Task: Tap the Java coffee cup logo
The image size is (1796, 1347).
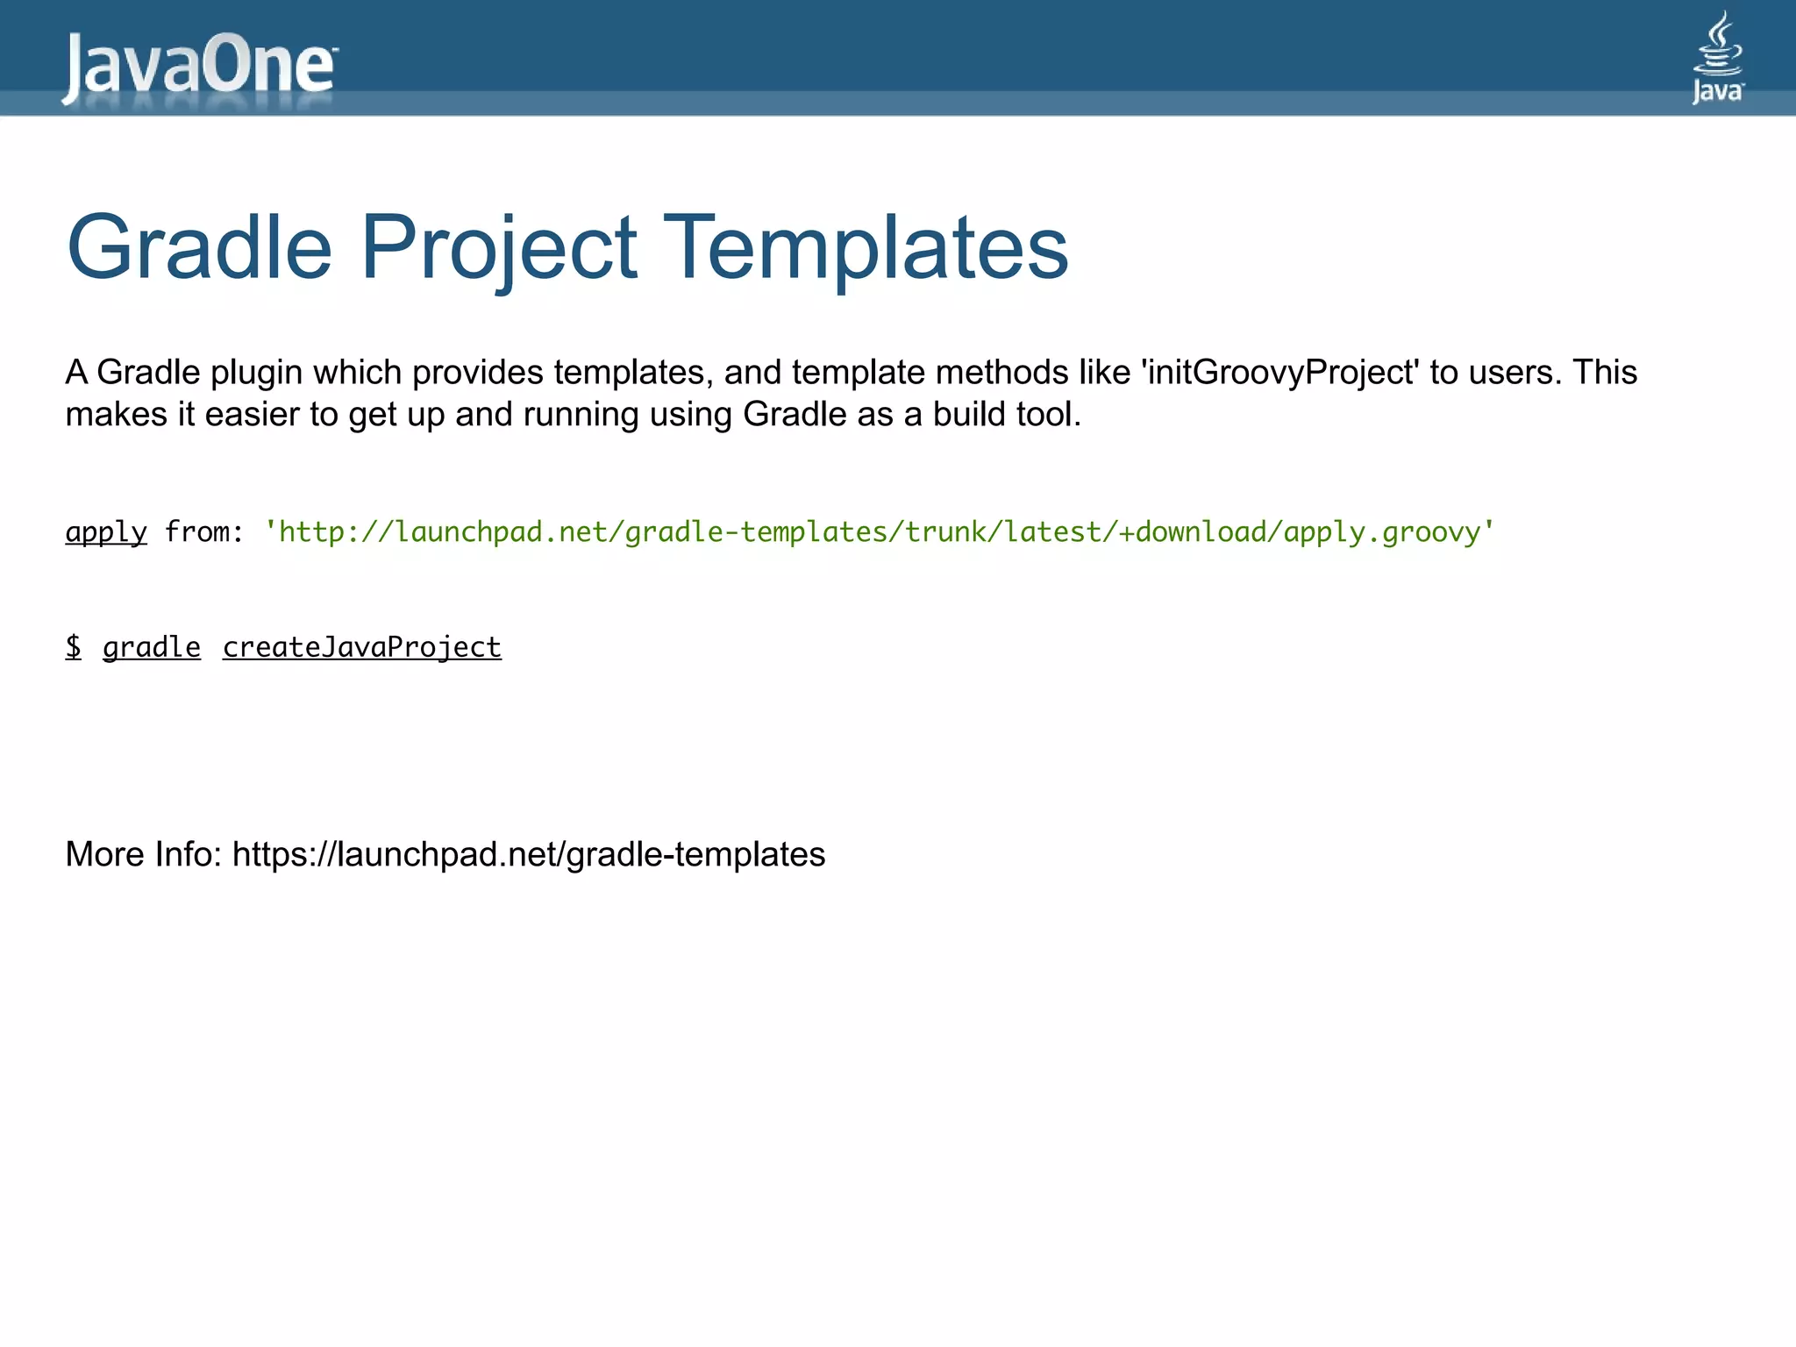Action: [x=1717, y=58]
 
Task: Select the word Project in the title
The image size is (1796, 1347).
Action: [x=498, y=249]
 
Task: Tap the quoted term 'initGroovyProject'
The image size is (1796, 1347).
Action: [x=1279, y=374]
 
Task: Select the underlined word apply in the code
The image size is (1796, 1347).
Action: [x=106, y=532]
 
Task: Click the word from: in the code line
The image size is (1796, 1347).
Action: [x=203, y=532]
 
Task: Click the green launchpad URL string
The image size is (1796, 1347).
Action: [x=880, y=532]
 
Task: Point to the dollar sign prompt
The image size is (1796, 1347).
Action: [x=74, y=647]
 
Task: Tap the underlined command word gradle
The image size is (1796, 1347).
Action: [x=152, y=648]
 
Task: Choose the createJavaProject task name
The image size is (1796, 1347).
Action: [x=362, y=648]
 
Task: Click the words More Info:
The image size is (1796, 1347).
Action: [x=144, y=854]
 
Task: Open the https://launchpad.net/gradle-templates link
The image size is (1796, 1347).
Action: [x=529, y=855]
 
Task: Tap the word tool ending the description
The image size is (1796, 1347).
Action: [x=1051, y=415]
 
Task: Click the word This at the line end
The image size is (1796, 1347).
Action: [x=1605, y=373]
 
